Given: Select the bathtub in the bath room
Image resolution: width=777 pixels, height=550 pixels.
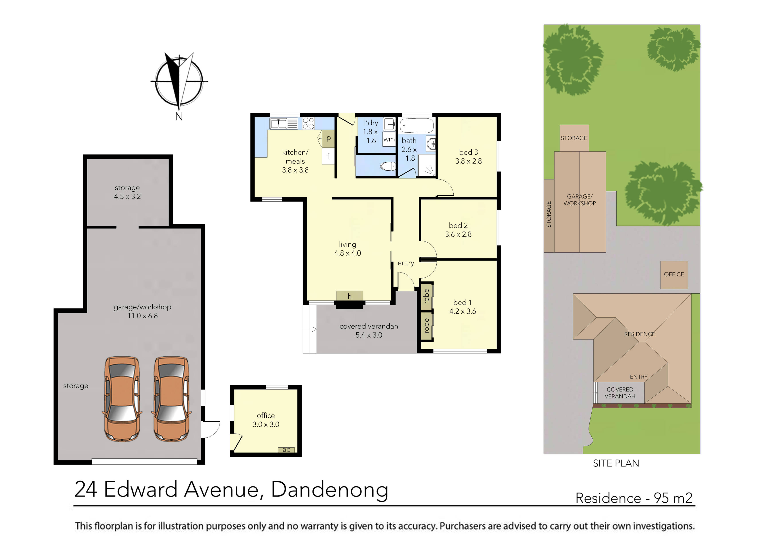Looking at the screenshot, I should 417,126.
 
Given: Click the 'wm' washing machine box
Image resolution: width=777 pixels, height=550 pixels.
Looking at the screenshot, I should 389,139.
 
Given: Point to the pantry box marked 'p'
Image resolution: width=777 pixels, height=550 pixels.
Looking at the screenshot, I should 328,139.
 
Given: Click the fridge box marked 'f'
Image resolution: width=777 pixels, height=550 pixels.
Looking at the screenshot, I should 328,157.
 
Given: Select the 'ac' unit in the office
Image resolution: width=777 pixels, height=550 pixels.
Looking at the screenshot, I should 286,450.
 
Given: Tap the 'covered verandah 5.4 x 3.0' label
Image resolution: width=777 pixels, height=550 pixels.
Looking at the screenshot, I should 369,330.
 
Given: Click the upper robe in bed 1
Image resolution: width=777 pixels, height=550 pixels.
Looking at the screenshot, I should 427,296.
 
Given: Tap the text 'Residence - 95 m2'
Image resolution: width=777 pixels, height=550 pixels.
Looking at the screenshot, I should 634,498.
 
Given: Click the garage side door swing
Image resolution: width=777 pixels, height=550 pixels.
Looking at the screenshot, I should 210,429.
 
